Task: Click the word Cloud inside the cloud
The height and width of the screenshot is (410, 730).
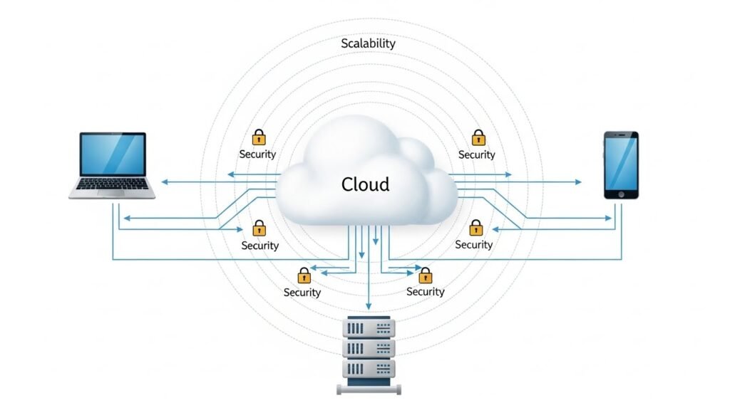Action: point(365,184)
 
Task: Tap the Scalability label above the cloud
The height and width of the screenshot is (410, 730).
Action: point(368,43)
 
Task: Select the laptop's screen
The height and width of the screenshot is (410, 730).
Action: point(113,154)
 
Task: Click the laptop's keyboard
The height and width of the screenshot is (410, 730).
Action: point(112,186)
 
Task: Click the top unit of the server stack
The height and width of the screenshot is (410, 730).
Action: point(368,328)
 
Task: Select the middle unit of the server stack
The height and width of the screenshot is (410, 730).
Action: point(368,349)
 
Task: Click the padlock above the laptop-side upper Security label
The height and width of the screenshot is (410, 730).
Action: point(259,137)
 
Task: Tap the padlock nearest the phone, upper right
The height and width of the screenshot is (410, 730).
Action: point(478,137)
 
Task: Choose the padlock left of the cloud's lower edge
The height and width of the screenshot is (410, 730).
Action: point(259,228)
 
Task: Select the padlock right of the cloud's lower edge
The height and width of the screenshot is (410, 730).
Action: point(475,228)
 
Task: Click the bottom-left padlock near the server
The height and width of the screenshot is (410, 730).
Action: point(304,275)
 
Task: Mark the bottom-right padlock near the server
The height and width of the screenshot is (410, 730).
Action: point(425,275)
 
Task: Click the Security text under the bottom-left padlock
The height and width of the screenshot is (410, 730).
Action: point(302,292)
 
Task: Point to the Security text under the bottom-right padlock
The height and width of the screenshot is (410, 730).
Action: point(425,291)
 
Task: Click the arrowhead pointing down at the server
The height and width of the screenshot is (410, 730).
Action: point(369,305)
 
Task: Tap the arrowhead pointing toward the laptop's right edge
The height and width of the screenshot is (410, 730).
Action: point(163,182)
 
